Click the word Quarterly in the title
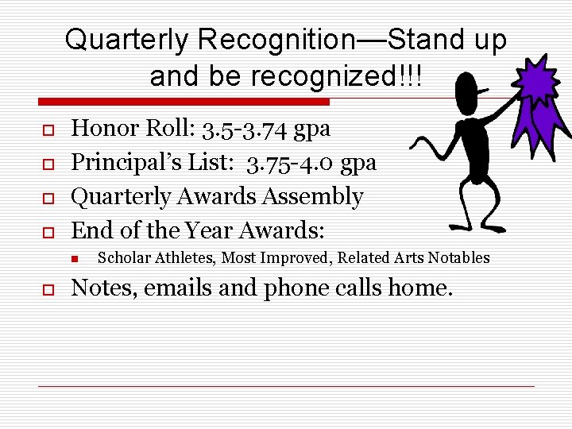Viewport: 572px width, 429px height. pyautogui.click(x=128, y=40)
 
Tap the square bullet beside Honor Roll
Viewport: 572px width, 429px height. pyautogui.click(x=47, y=129)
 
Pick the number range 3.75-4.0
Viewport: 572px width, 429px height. pyautogui.click(x=290, y=163)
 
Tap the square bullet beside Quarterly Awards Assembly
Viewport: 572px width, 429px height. pyautogui.click(x=47, y=198)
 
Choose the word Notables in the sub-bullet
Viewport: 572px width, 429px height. pyautogui.click(x=460, y=257)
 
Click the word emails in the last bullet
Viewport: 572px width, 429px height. pyautogui.click(x=176, y=288)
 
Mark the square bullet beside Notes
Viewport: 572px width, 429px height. pyautogui.click(x=47, y=288)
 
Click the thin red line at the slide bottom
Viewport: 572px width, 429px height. pyautogui.click(x=286, y=386)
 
